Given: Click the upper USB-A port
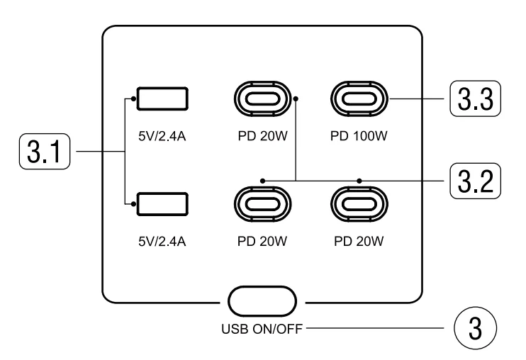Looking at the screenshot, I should [x=162, y=99].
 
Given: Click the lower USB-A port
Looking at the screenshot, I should [x=162, y=203].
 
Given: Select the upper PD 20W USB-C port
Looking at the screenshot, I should [x=262, y=99].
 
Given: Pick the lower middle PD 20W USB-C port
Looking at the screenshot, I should [x=262, y=203].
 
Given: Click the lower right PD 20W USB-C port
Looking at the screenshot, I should [x=359, y=203].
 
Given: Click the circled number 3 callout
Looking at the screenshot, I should [x=474, y=329].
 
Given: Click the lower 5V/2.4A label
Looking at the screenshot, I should [x=162, y=241].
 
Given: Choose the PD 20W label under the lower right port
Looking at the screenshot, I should [x=359, y=241].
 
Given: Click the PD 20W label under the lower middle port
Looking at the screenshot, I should [x=262, y=241].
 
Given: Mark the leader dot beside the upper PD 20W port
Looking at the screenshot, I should [x=296, y=99].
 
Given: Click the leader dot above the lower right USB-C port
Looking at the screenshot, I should [x=359, y=181].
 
